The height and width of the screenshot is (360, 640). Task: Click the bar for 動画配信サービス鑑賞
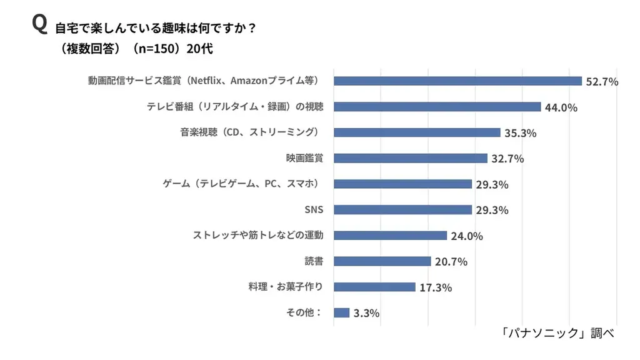(x=457, y=81)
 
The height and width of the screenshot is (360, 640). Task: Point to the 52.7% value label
(x=601, y=81)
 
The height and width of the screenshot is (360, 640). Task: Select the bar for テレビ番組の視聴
(x=437, y=107)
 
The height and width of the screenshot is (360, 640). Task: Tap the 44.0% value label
(x=561, y=107)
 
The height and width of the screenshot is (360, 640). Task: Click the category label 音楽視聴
(x=247, y=132)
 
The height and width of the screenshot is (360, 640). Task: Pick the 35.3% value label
(x=520, y=133)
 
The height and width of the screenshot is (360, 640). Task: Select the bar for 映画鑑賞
(x=410, y=158)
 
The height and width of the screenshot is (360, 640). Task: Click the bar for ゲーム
(x=402, y=184)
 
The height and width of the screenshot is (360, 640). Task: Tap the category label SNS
(x=313, y=209)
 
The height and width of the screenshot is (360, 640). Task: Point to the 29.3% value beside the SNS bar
(x=492, y=210)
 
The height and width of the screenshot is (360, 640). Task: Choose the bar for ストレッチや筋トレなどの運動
(x=390, y=236)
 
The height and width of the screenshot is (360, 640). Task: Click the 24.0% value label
(x=467, y=236)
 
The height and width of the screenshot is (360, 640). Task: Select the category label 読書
(x=313, y=261)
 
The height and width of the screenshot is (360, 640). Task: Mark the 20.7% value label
(x=451, y=262)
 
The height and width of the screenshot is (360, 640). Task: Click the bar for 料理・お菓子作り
(x=374, y=287)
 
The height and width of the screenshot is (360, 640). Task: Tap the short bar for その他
(x=341, y=312)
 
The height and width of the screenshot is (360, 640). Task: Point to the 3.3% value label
(x=366, y=313)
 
